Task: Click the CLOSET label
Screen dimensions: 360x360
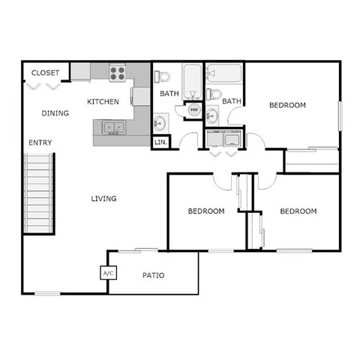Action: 46,73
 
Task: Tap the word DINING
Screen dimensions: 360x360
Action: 55,113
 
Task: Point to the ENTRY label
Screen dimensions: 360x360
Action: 40,142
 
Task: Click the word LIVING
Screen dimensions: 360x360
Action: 103,199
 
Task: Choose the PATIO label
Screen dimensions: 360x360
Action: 153,275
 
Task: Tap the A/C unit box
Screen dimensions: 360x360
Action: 108,273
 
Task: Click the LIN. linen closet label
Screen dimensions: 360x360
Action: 160,141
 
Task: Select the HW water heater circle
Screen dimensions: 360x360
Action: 193,110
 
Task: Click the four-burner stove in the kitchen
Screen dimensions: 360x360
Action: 117,73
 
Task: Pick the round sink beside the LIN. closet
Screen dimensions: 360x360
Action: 160,121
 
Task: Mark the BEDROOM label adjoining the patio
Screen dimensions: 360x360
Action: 205,211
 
